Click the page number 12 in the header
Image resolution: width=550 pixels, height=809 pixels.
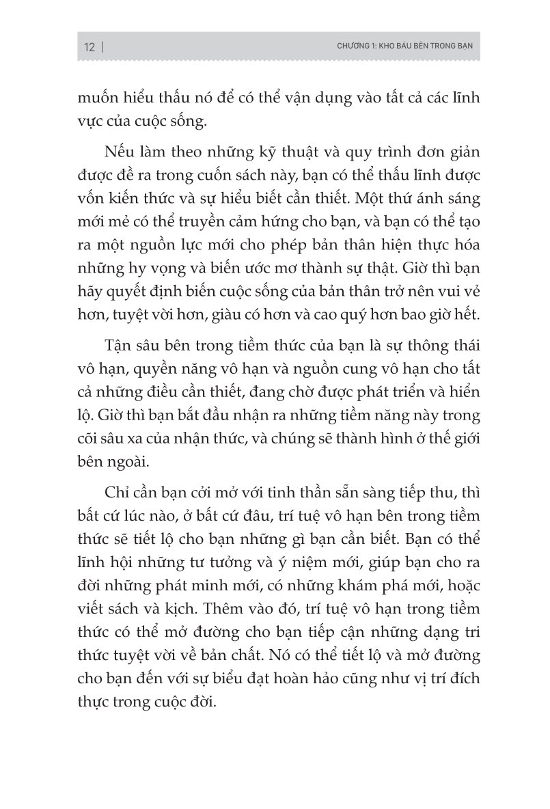(89, 47)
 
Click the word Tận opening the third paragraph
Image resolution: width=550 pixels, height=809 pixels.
(121, 381)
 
